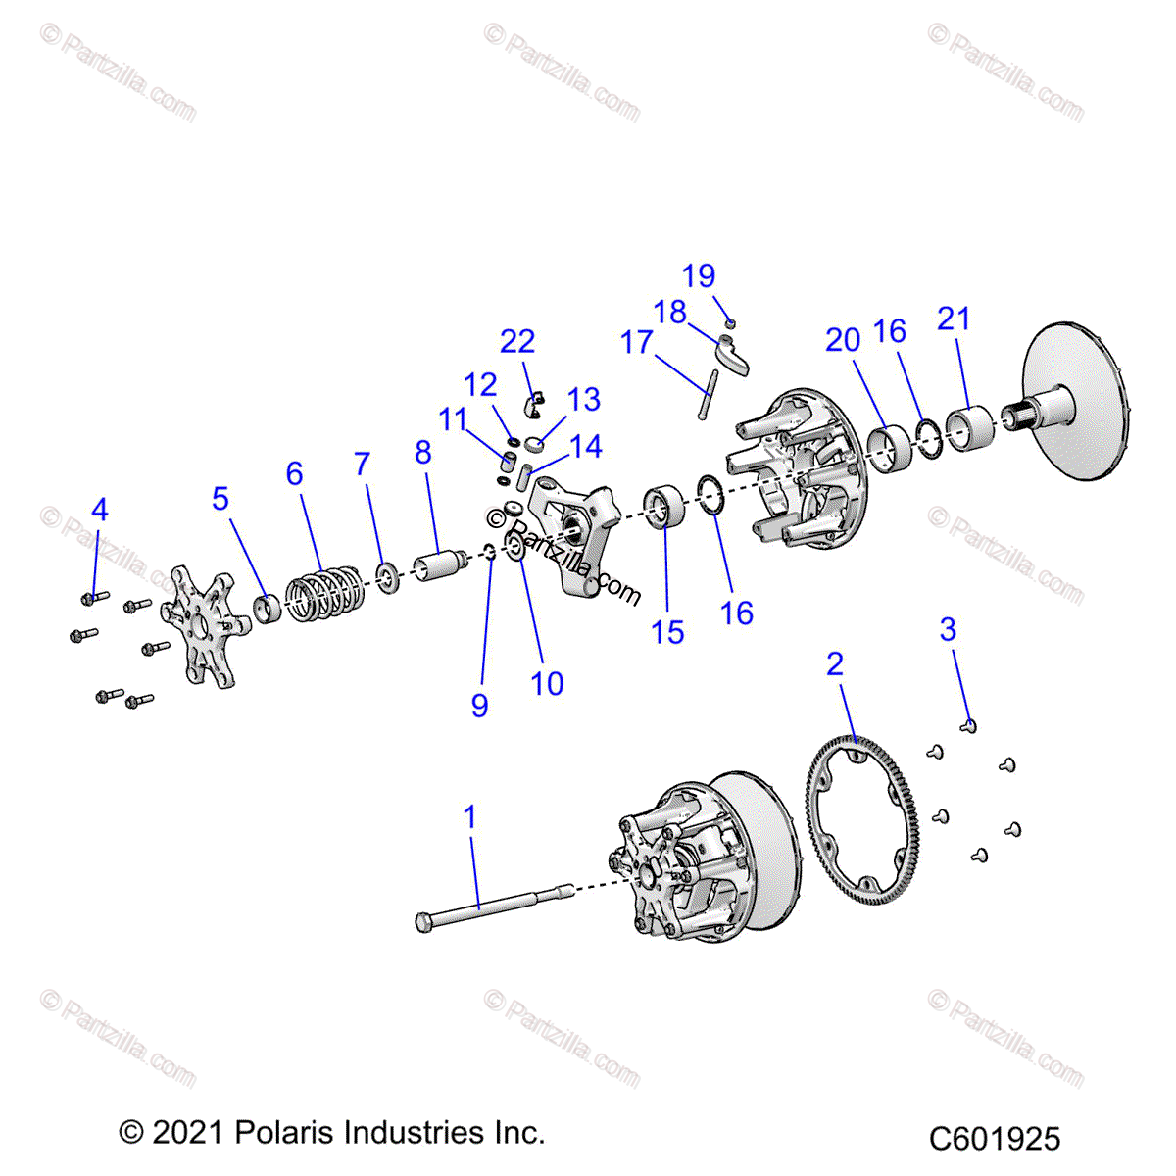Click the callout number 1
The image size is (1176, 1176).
(x=470, y=816)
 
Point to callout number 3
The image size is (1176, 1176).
(x=948, y=629)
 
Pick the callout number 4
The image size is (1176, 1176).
(x=99, y=510)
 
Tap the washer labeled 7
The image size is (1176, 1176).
(x=387, y=576)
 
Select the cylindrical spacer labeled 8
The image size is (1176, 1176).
(x=436, y=566)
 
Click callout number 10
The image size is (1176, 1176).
(x=547, y=683)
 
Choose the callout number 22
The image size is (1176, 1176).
(x=517, y=341)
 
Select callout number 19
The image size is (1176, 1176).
(x=699, y=276)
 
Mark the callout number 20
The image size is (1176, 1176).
(x=843, y=340)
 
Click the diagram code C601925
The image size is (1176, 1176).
(x=995, y=1139)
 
